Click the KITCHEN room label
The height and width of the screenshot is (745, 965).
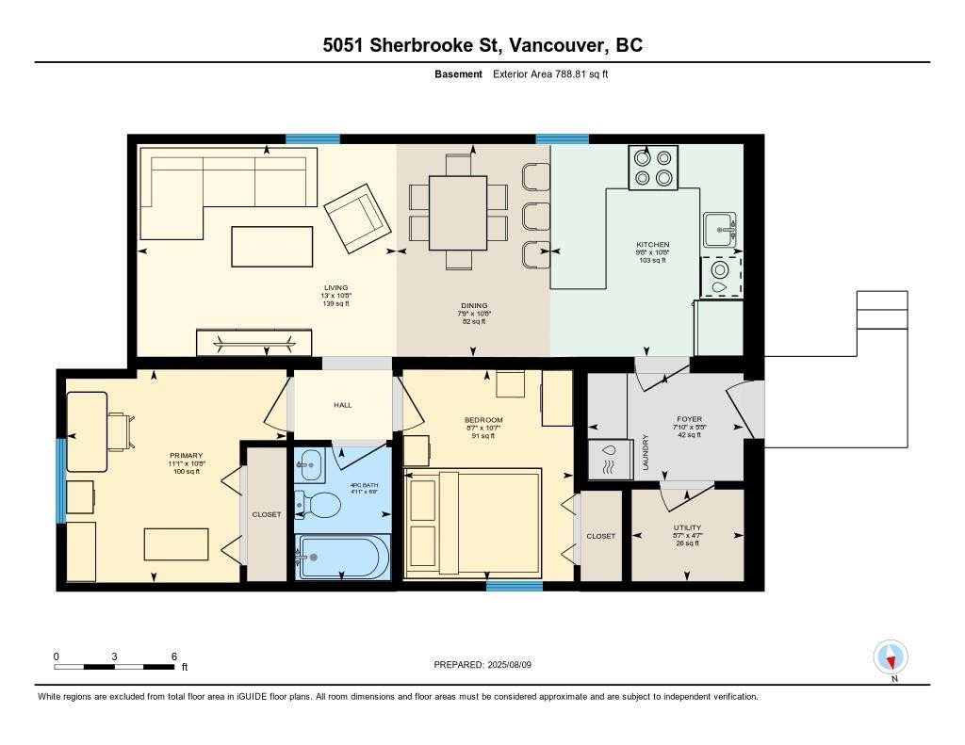[652, 245]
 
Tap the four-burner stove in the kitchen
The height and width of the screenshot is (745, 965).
[654, 167]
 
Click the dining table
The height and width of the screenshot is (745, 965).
[458, 214]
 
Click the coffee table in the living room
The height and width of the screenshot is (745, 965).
[273, 246]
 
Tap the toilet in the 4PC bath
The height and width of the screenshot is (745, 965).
[319, 505]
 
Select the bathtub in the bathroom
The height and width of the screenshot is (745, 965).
[342, 557]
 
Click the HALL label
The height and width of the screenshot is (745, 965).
[342, 405]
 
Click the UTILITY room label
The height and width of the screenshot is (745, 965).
[687, 527]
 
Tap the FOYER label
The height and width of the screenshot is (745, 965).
[689, 419]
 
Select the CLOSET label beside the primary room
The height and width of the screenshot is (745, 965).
[267, 514]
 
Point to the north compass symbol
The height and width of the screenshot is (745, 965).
[891, 656]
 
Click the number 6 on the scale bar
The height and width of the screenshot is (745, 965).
[173, 656]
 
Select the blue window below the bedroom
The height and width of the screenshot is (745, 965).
[514, 586]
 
